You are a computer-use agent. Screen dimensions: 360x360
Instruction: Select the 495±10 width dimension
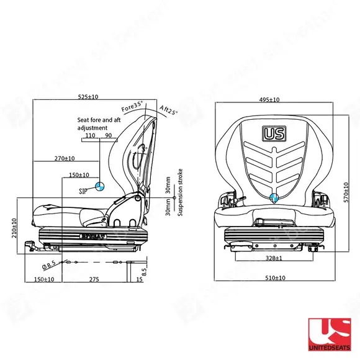click(269, 99)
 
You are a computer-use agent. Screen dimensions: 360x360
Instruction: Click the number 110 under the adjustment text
click(90, 135)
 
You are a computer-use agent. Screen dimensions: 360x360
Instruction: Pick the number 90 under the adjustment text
click(108, 135)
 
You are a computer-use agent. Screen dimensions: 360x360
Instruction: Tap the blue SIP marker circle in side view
click(99, 186)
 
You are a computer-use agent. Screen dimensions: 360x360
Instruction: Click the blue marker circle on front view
click(274, 198)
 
